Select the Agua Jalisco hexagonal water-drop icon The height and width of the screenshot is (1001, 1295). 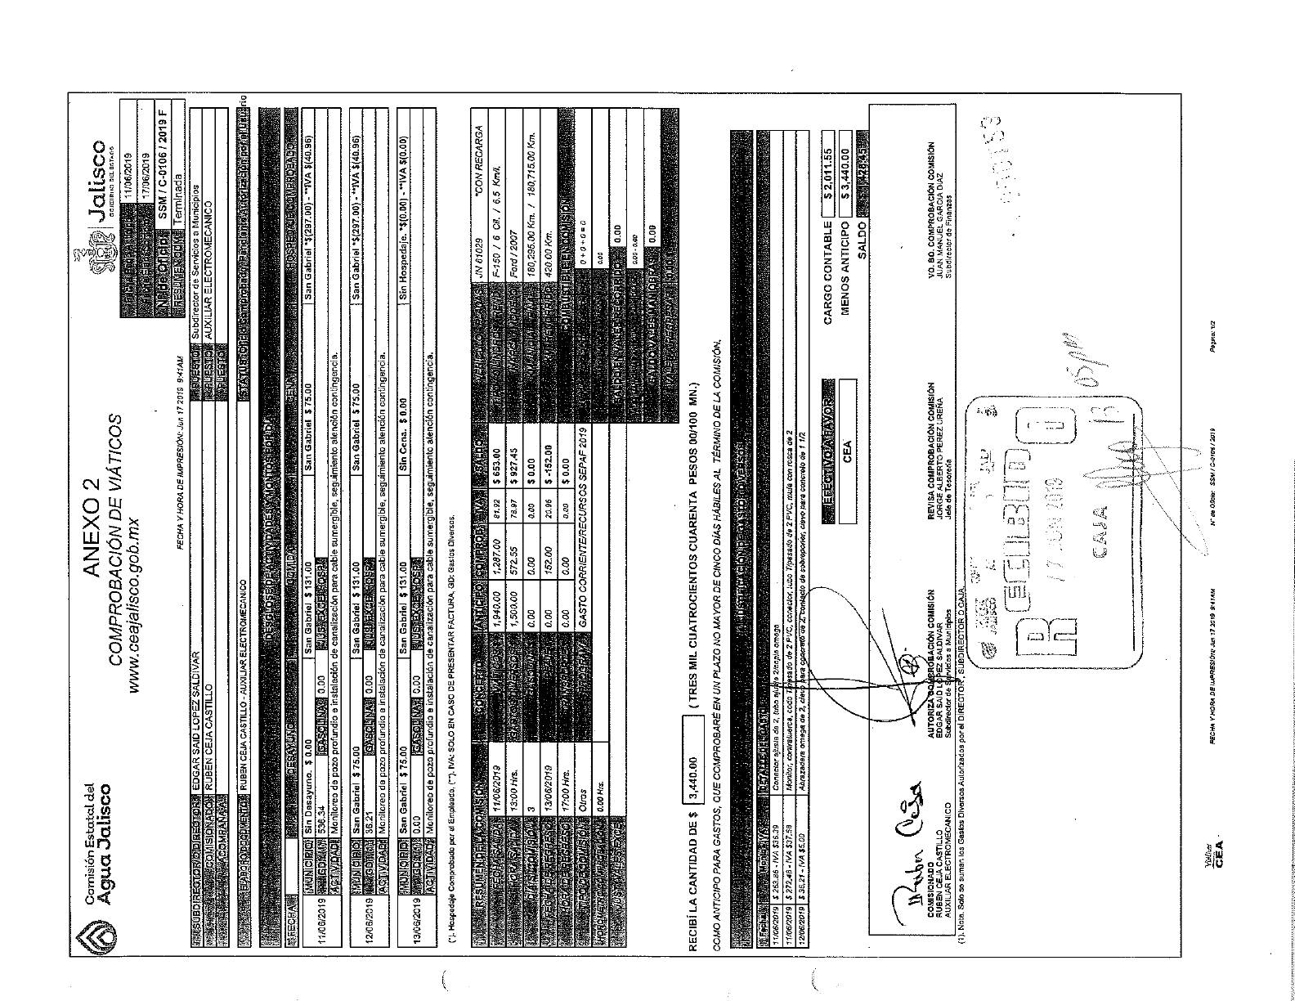(95, 937)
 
